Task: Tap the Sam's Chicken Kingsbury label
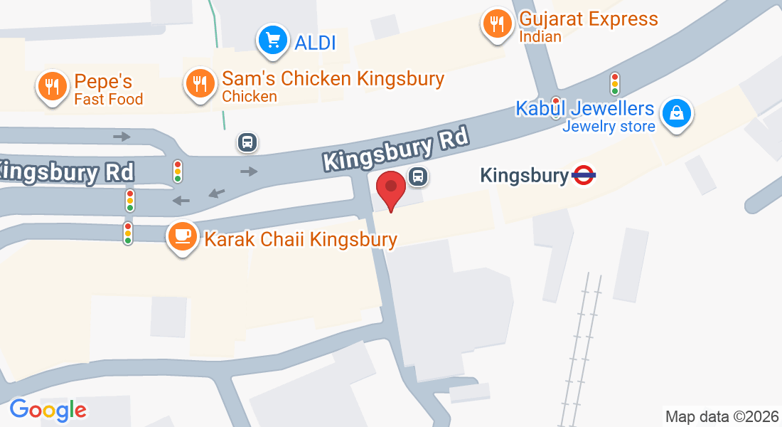click(333, 78)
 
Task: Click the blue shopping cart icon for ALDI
click(272, 41)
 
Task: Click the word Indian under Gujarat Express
click(540, 36)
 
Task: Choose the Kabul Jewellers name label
click(584, 109)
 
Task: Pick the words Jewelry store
click(609, 127)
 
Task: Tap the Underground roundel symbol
click(583, 175)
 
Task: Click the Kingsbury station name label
click(525, 175)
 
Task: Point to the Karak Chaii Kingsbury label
click(301, 239)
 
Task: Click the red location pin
click(390, 189)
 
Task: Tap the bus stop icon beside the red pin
click(418, 176)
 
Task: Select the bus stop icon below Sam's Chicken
click(247, 142)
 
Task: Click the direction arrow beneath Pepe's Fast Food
click(122, 136)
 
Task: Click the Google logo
click(48, 409)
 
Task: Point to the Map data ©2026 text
click(722, 416)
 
